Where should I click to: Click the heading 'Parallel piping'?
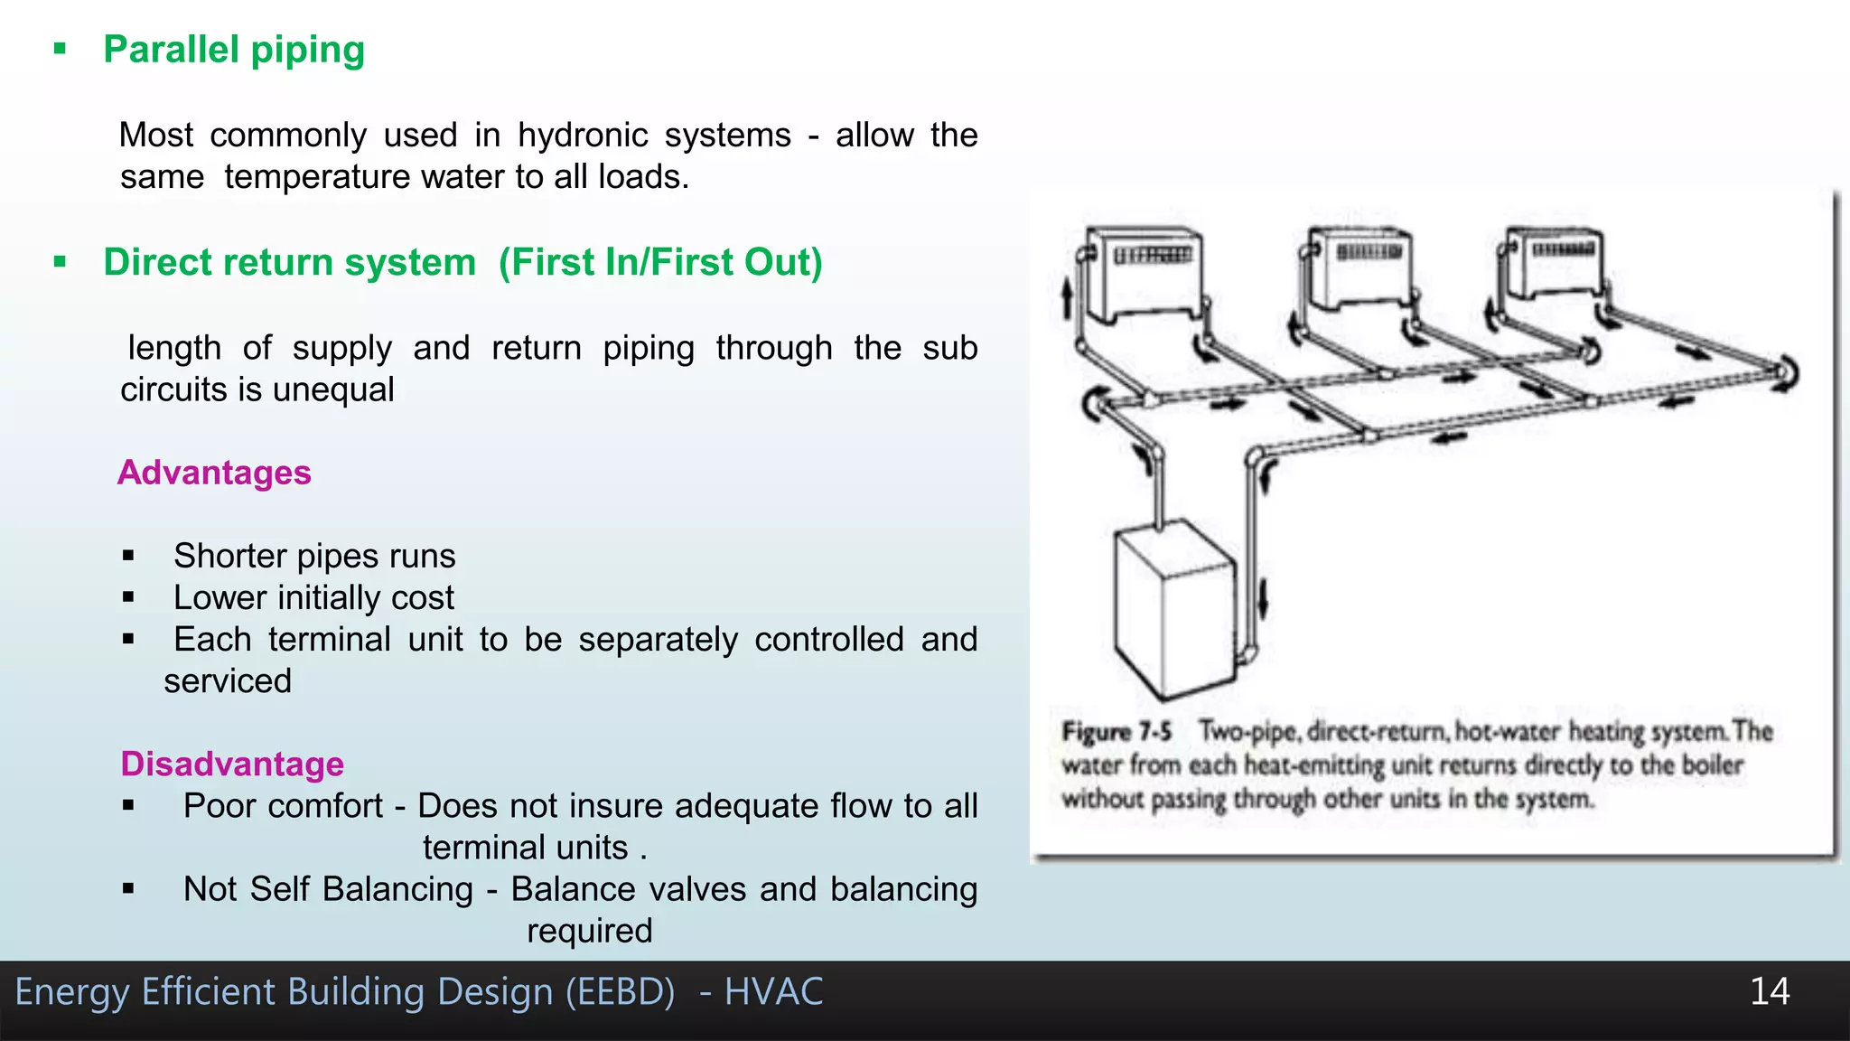pos(234,50)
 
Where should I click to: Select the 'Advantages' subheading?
pos(214,473)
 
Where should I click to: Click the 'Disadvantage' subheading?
pos(232,764)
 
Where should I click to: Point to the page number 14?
pos(1769,991)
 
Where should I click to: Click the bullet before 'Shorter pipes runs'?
pos(128,556)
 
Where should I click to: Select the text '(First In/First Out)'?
pos(660,263)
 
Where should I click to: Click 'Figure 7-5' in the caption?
pos(1117,731)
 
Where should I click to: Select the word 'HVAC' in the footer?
pos(773,992)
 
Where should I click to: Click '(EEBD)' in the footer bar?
pos(620,992)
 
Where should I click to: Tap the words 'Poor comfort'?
pos(283,806)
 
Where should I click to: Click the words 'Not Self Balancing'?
pos(328,889)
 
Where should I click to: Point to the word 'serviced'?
pos(228,681)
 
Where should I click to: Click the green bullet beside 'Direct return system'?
pos(61,263)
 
